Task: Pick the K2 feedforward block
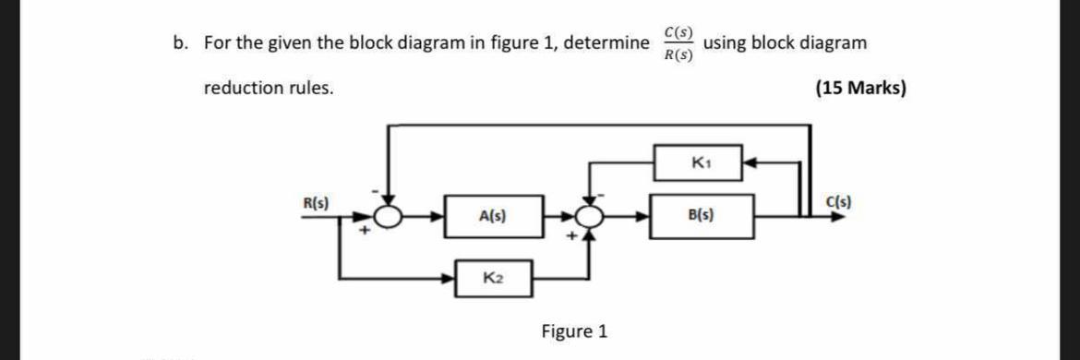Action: coord(493,277)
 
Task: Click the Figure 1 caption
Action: coord(573,331)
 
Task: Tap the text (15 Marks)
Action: coord(860,89)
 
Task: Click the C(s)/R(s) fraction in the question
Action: coord(678,43)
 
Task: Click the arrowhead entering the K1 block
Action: coord(750,164)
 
